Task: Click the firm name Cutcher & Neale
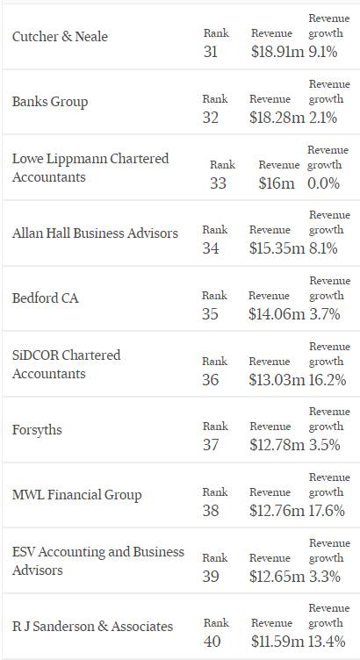[x=60, y=37]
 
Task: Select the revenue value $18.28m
[x=277, y=117]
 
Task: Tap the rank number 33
[x=218, y=183]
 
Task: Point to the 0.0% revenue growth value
[x=323, y=183]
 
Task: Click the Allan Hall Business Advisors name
[x=95, y=233]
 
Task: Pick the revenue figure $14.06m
[x=277, y=314]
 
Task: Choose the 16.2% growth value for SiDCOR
[x=328, y=380]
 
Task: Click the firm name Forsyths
[x=37, y=431]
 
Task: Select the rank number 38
[x=211, y=511]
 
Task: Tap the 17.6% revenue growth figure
[x=328, y=511]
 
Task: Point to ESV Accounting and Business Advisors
[x=98, y=561]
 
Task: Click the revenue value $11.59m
[x=277, y=641]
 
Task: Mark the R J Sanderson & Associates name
[x=92, y=627]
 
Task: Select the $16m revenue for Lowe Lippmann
[x=277, y=183]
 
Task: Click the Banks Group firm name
[x=50, y=103]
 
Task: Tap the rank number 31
[x=211, y=52]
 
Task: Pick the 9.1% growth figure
[x=323, y=52]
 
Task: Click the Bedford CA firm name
[x=46, y=298]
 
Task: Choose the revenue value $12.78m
[x=277, y=445]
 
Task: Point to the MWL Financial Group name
[x=77, y=495]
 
